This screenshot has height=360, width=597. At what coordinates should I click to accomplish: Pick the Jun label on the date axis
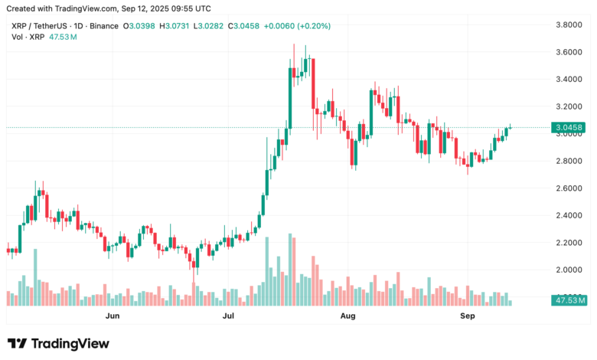coord(113,315)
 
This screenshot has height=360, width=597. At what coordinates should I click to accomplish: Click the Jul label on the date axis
coord(229,315)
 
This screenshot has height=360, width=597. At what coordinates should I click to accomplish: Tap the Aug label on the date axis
coord(347,315)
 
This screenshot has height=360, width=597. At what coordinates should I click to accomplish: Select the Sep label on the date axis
coord(466,315)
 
